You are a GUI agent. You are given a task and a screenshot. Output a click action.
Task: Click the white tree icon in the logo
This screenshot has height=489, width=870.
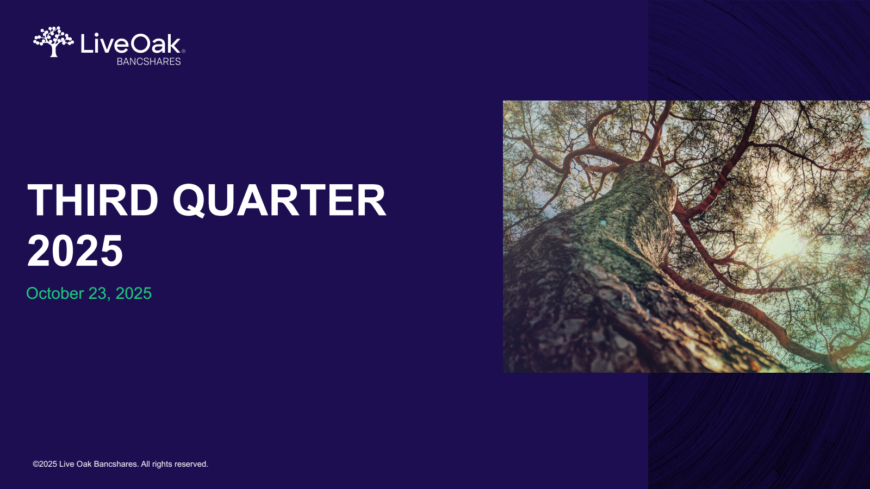(53, 41)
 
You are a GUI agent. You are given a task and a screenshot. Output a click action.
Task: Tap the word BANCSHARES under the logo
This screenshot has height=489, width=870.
(149, 61)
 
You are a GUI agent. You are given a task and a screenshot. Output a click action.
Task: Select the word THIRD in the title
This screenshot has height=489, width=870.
(92, 200)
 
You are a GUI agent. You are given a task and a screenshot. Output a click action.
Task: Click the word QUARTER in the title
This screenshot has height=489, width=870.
(279, 200)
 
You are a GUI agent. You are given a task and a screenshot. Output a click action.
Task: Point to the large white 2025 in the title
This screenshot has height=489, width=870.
(75, 250)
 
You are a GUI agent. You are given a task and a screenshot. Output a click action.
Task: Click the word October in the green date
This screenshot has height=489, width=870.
(55, 293)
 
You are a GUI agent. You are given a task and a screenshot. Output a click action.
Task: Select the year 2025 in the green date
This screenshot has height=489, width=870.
(134, 293)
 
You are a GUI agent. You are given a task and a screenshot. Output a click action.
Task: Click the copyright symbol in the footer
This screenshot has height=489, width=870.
(36, 464)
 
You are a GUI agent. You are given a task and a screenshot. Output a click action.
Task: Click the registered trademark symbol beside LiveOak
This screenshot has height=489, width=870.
(183, 51)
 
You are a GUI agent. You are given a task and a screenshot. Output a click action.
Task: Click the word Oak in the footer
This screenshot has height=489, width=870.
(84, 464)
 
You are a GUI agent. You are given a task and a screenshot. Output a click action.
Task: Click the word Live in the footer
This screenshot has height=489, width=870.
(66, 464)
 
